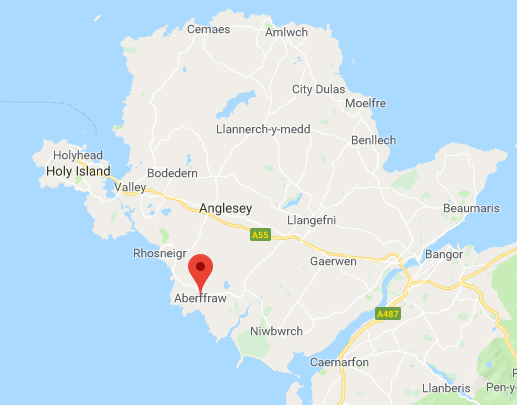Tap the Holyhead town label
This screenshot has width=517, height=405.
pos(78,155)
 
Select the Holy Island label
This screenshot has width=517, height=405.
pos(76,171)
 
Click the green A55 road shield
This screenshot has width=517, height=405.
pos(260,235)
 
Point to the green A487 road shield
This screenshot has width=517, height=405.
pos(388,314)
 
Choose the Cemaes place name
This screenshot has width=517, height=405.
pos(209,29)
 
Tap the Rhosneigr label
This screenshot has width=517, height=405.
pos(160,254)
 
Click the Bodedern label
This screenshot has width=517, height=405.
pos(173,173)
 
